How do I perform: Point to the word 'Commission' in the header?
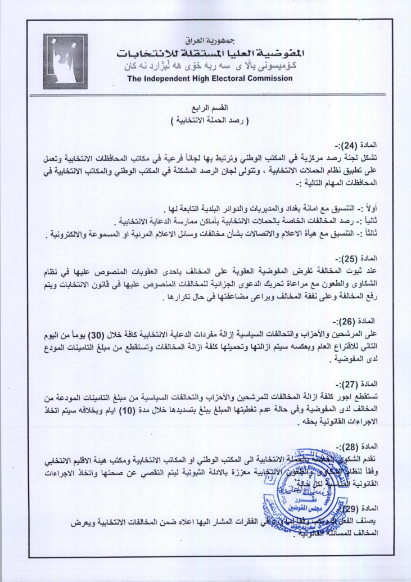point(269,78)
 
